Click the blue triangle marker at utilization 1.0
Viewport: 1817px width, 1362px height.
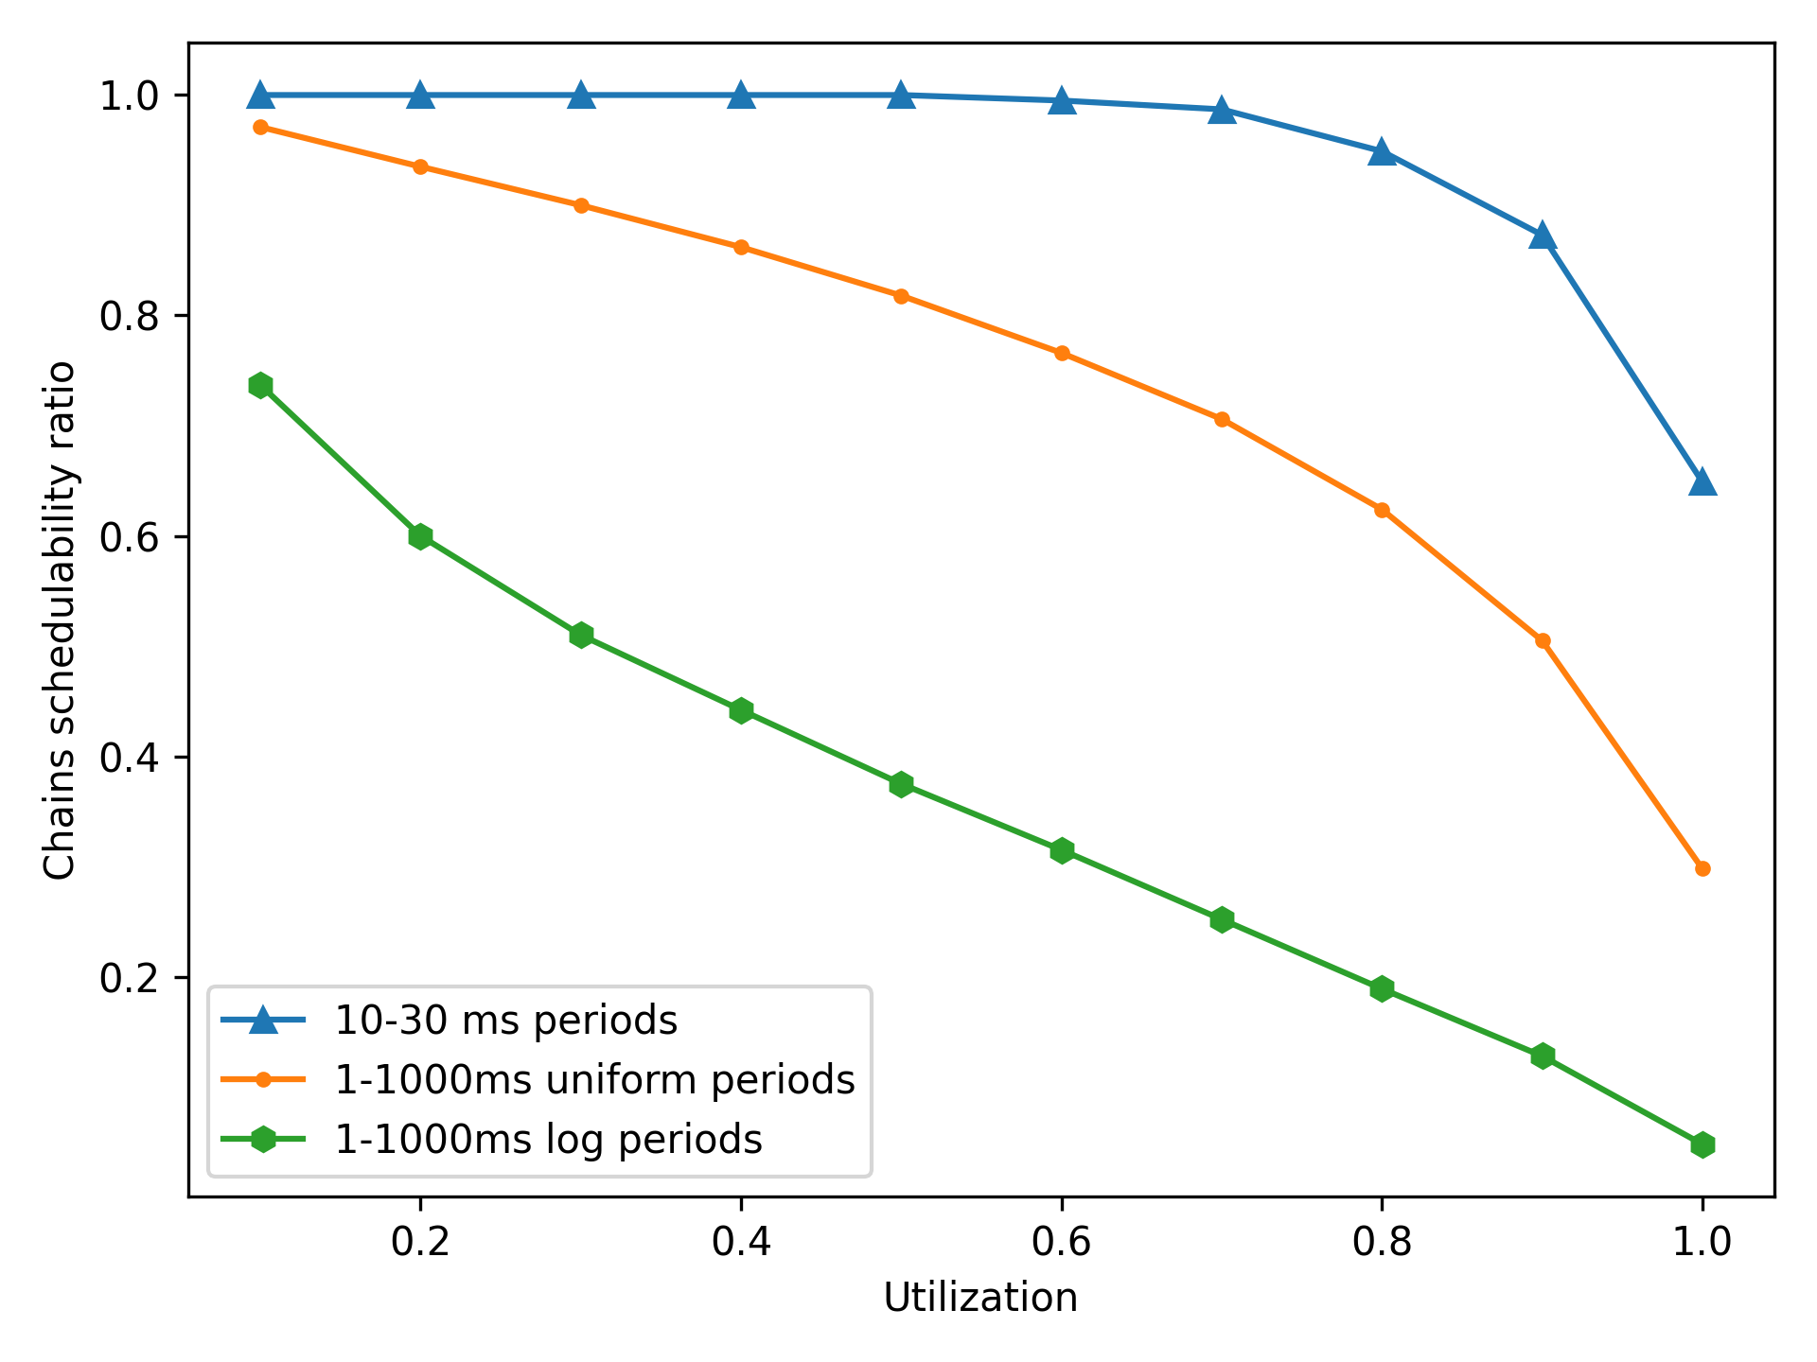(x=1702, y=482)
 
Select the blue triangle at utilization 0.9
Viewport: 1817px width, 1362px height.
(x=1543, y=236)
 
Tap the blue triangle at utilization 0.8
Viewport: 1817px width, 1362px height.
(x=1382, y=152)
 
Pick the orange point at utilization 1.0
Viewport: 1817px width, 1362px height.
(x=1702, y=868)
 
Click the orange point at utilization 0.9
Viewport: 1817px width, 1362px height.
(x=1543, y=640)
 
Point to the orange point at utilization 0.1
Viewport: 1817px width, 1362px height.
(x=260, y=127)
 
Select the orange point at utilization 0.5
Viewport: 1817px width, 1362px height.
(x=901, y=296)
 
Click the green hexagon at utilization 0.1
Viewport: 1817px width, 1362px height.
(x=260, y=385)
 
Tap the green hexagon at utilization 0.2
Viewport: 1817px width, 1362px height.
(x=420, y=536)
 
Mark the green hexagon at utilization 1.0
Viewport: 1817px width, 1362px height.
(x=1702, y=1145)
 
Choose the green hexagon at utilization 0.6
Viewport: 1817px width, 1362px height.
(x=1062, y=850)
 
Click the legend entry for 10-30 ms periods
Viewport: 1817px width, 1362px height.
(x=505, y=1021)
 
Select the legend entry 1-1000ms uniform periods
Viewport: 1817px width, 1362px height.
(x=594, y=1080)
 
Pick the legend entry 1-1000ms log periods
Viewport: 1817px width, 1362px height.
(x=548, y=1140)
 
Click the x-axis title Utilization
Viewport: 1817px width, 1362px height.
(x=980, y=1298)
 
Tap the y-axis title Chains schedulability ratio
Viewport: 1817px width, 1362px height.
(x=59, y=620)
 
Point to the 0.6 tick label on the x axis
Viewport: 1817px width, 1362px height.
(x=1062, y=1241)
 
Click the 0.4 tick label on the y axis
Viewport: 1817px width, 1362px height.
(x=128, y=758)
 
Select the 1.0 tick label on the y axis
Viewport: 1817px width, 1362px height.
(x=128, y=96)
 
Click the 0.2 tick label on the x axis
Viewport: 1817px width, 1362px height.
(x=420, y=1241)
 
